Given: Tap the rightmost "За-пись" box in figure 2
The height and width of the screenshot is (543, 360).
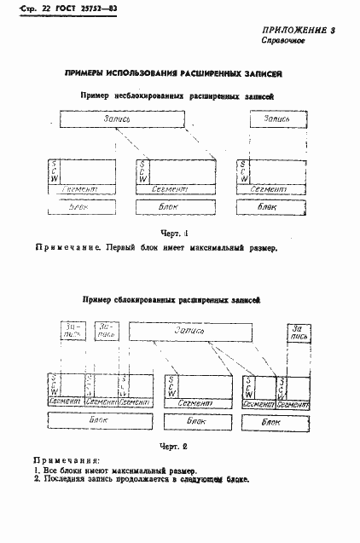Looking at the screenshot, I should click(298, 332).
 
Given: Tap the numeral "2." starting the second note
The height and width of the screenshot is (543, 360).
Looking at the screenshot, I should click(38, 479).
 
